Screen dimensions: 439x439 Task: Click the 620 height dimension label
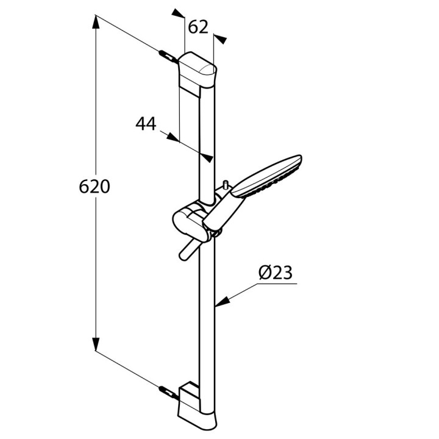(95, 186)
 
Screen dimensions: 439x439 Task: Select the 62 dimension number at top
(198, 27)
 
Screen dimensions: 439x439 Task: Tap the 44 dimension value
(145, 124)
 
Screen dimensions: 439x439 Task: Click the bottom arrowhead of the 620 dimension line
(96, 344)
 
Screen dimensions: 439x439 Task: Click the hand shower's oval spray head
(271, 175)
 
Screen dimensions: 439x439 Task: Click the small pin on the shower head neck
(226, 184)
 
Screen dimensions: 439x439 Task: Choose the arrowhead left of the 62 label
(177, 13)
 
